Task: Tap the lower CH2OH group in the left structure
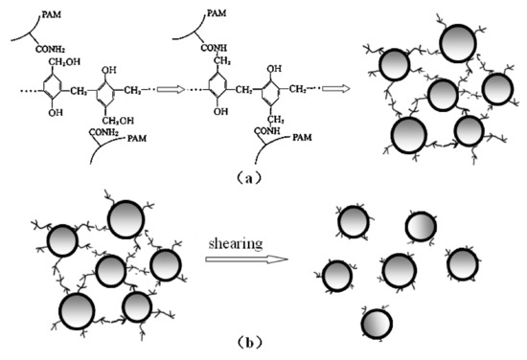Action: [119, 120]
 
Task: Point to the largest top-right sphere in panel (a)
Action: [459, 44]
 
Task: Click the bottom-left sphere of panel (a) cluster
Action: [408, 135]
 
